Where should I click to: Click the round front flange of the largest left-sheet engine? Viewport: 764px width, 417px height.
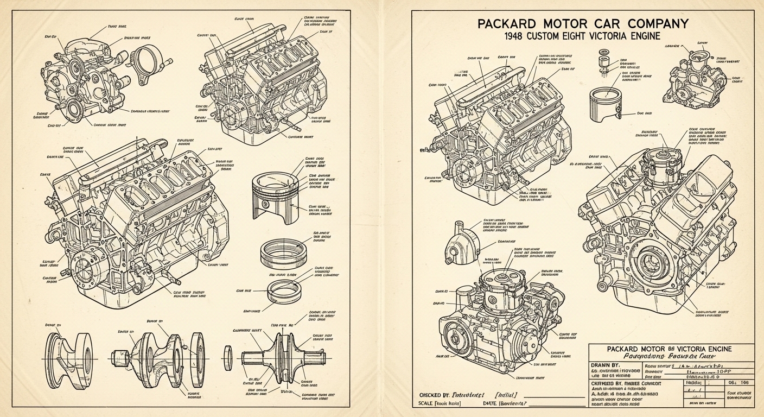point(84,272)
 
